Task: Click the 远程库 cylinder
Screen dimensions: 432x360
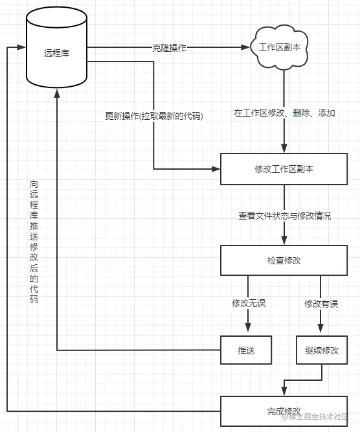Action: click(56, 52)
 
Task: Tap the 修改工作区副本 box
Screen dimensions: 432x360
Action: click(284, 169)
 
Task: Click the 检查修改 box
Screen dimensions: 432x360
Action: click(284, 260)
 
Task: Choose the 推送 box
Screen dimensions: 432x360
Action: click(246, 350)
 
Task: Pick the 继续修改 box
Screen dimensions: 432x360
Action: click(322, 350)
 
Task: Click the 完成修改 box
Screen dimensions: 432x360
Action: click(284, 411)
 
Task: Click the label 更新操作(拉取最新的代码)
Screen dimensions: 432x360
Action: click(153, 117)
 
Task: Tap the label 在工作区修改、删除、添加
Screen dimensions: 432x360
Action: click(284, 113)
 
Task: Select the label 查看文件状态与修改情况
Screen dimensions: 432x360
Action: click(284, 216)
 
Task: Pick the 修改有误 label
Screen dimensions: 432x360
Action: click(322, 303)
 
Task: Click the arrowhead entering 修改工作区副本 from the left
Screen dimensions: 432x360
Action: click(216, 169)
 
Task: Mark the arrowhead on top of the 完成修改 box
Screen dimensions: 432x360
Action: click(284, 391)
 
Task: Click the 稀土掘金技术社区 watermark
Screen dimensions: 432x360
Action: click(317, 418)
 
